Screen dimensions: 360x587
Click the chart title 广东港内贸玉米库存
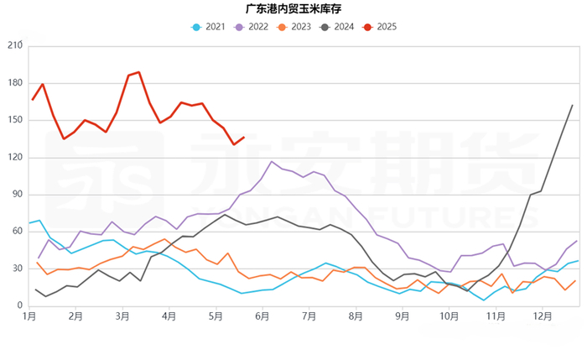[x=293, y=9]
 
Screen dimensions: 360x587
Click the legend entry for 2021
[x=209, y=27]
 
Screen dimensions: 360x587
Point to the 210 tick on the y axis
[x=13, y=45]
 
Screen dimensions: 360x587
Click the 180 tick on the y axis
[x=13, y=82]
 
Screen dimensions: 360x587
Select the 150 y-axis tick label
[x=13, y=120]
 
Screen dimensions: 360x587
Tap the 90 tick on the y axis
[x=16, y=195]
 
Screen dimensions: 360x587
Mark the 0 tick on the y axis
[x=18, y=306]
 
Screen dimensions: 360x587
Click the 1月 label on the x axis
[x=29, y=317]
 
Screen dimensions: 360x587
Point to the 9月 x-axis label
[x=403, y=317]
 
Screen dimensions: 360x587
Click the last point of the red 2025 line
[x=244, y=138]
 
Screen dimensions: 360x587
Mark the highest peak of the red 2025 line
[x=138, y=72]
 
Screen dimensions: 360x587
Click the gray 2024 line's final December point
[x=572, y=105]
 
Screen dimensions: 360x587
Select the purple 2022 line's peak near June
[x=272, y=161]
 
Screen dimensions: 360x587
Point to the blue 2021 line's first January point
[x=29, y=223]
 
